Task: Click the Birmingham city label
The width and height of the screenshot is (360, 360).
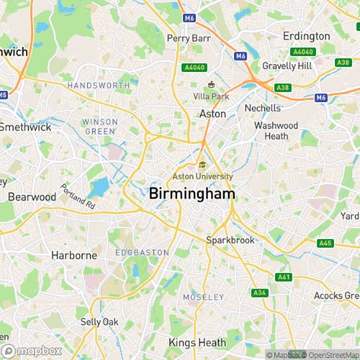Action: click(190, 193)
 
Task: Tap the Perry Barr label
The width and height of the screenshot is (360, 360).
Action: click(187, 38)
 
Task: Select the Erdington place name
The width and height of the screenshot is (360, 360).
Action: click(306, 35)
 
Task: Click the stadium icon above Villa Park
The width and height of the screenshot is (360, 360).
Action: click(212, 85)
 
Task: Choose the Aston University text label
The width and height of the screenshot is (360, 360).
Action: click(203, 176)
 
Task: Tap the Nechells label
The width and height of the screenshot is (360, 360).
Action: click(263, 108)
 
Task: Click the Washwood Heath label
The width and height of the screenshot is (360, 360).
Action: click(276, 130)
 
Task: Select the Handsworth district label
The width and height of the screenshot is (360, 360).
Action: click(99, 85)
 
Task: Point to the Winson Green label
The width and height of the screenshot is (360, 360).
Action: click(100, 126)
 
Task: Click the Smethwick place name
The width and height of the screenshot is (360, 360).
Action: click(25, 127)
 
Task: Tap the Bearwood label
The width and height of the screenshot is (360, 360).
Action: click(32, 197)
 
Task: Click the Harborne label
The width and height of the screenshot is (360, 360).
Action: click(74, 255)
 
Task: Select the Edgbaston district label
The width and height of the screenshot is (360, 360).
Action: click(143, 253)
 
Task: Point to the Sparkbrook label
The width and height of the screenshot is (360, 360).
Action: click(230, 240)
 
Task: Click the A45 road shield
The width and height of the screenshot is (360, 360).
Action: click(326, 243)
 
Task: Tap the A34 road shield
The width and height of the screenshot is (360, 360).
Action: click(260, 293)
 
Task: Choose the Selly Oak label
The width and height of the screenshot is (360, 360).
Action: click(99, 321)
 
